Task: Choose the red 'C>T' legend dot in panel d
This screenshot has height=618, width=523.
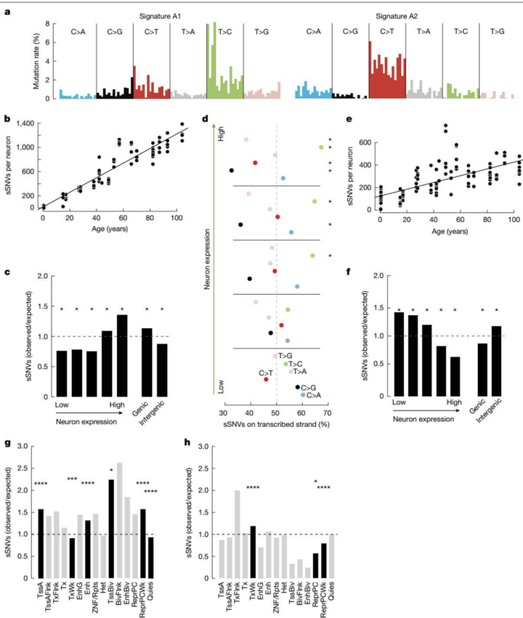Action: coord(267,379)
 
